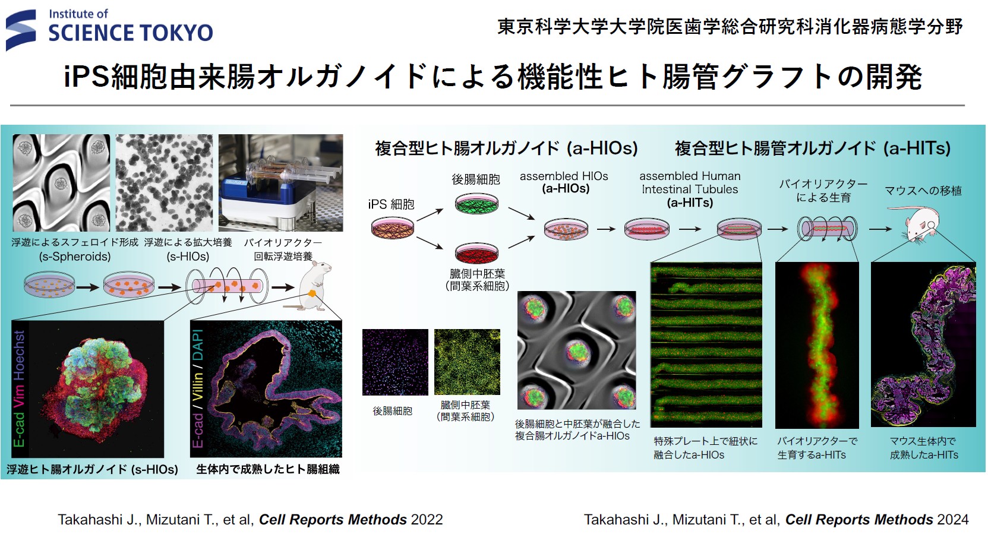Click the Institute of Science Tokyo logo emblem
pyautogui.click(x=21, y=30)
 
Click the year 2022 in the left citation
pyautogui.click(x=427, y=520)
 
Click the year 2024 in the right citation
pyautogui.click(x=953, y=520)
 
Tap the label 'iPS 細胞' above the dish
pyautogui.click(x=392, y=204)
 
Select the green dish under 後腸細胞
pyautogui.click(x=476, y=203)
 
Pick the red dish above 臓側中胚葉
pyautogui.click(x=476, y=252)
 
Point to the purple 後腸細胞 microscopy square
pyautogui.click(x=395, y=362)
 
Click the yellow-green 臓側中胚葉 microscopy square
pyautogui.click(x=467, y=362)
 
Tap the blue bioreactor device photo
pyautogui.click(x=280, y=182)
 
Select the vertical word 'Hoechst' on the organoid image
pyautogui.click(x=19, y=356)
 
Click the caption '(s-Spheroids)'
pyautogui.click(x=75, y=256)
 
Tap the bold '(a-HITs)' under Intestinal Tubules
pyautogui.click(x=690, y=203)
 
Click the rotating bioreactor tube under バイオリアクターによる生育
pyautogui.click(x=827, y=229)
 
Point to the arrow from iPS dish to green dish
pyautogui.click(x=430, y=215)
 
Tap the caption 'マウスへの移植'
pyautogui.click(x=923, y=191)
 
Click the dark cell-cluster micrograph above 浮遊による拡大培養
pyautogui.click(x=164, y=182)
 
